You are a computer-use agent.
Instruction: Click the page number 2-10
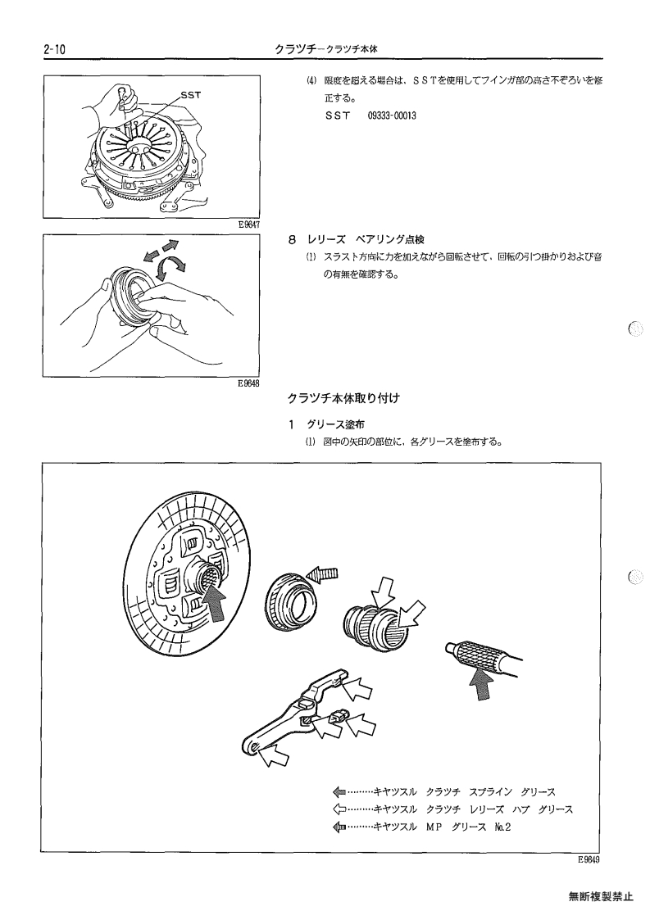(53, 50)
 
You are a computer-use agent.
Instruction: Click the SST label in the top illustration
(191, 94)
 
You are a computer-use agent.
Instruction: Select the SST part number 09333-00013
(392, 116)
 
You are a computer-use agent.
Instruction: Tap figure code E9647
(249, 224)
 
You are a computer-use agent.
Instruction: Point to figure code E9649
(589, 859)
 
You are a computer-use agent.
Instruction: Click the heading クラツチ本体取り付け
(343, 398)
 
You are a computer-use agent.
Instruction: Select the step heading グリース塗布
(335, 424)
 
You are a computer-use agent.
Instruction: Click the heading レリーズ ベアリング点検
(366, 239)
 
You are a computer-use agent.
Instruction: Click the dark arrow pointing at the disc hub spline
(216, 604)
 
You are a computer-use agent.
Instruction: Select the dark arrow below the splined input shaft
(482, 683)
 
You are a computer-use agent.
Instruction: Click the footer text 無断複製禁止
(601, 896)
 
